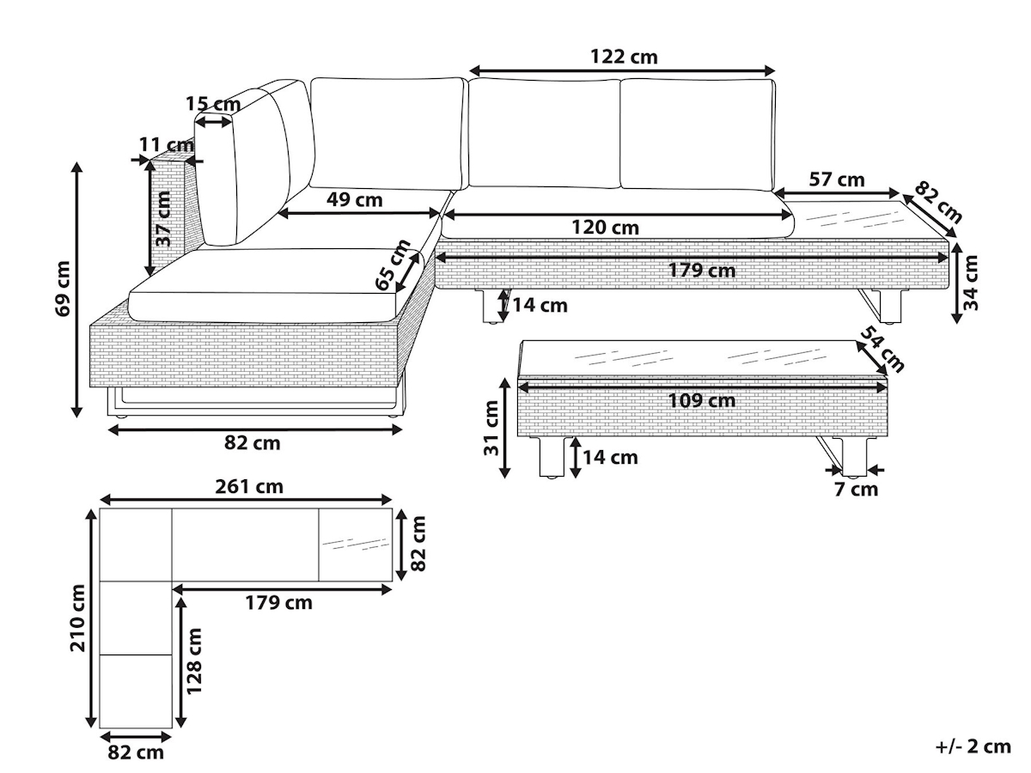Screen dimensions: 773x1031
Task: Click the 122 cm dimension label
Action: click(x=624, y=57)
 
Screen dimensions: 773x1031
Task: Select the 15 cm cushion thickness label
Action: click(x=212, y=104)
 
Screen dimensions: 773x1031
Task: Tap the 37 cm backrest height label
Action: click(x=163, y=218)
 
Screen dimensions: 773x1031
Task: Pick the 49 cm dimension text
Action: click(x=354, y=199)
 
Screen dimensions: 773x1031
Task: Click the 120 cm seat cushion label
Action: click(x=607, y=228)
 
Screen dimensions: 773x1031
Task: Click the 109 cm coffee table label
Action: click(x=703, y=400)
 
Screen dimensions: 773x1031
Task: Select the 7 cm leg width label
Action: click(x=857, y=489)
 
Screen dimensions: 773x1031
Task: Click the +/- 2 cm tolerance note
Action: click(x=973, y=746)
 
